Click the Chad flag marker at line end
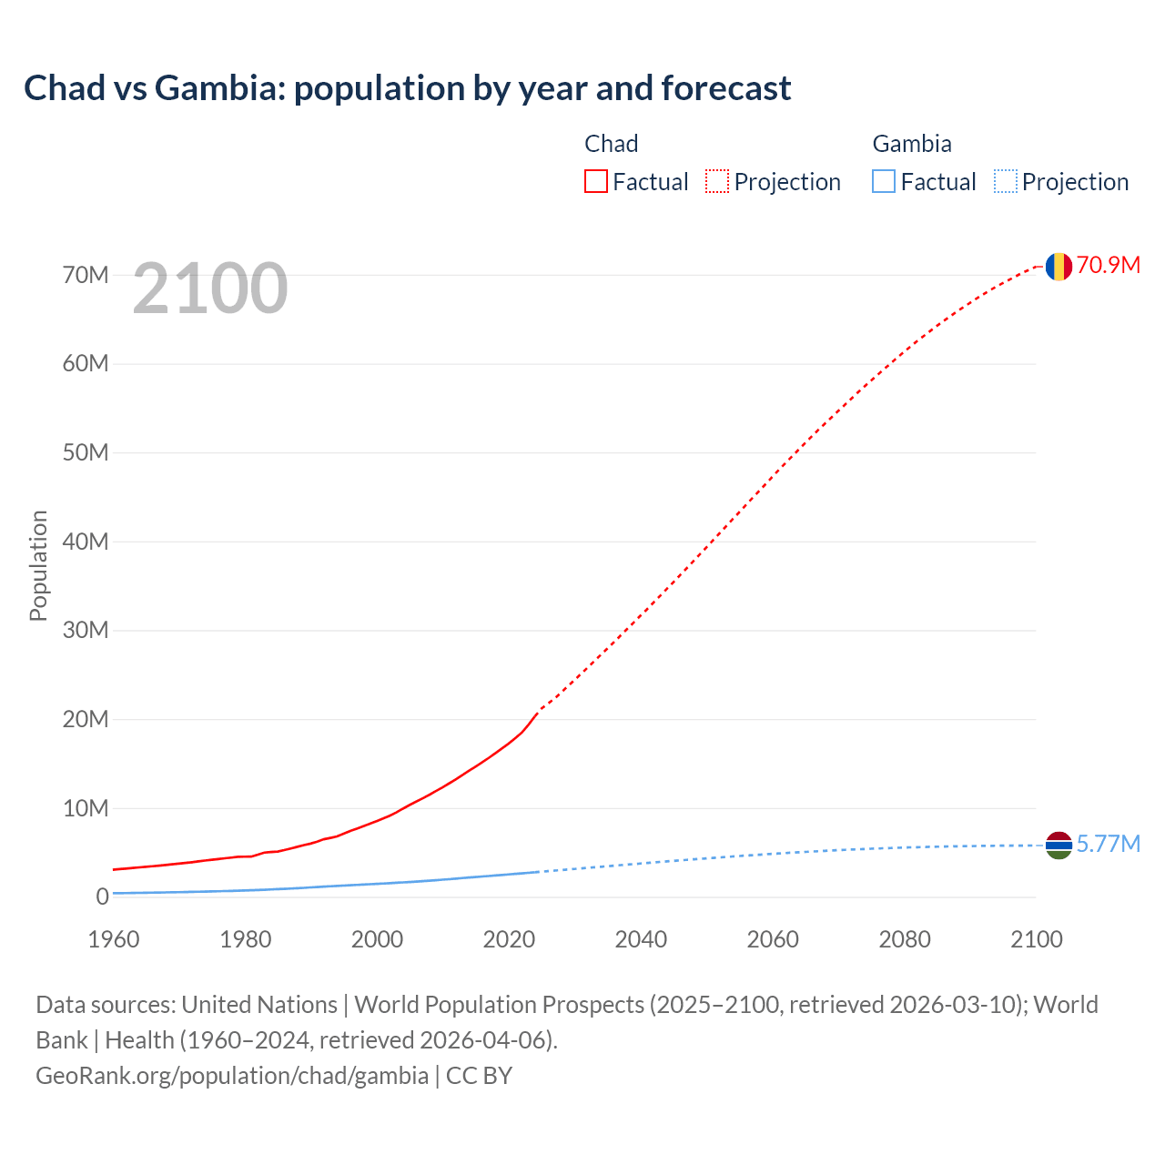(1058, 267)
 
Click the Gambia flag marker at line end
(1058, 846)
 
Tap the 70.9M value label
(1108, 265)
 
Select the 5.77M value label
(1108, 844)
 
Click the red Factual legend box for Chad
(595, 182)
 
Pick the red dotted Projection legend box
(717, 182)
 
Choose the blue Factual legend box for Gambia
(883, 182)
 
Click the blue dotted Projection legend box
(1005, 182)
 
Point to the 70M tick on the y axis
(86, 275)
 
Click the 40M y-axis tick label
(86, 542)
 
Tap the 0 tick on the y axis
(102, 897)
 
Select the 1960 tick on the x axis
(114, 939)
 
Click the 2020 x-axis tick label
(509, 939)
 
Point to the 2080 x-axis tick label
(905, 939)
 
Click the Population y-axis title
(38, 565)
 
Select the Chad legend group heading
(611, 144)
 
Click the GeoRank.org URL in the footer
(232, 1076)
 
